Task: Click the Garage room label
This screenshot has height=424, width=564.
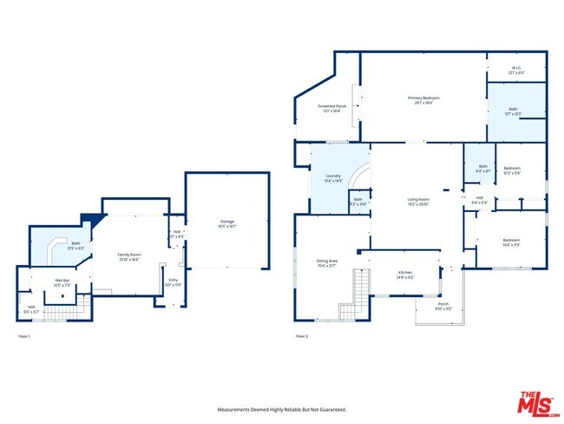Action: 226,223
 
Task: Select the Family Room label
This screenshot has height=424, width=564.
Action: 129,255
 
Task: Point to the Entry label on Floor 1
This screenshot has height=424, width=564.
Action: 173,282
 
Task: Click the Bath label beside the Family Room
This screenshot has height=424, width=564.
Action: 75,246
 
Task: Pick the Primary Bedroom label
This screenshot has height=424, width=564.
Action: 423,100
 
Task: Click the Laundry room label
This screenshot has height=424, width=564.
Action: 334,179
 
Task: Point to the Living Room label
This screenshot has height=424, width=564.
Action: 419,202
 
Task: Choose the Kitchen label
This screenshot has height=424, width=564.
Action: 404,275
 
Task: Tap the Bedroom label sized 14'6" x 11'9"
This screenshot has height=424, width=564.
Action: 511,242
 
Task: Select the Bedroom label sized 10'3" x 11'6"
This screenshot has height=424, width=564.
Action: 512,170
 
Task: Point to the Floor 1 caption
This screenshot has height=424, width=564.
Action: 24,335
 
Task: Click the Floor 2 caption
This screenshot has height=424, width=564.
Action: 302,335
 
